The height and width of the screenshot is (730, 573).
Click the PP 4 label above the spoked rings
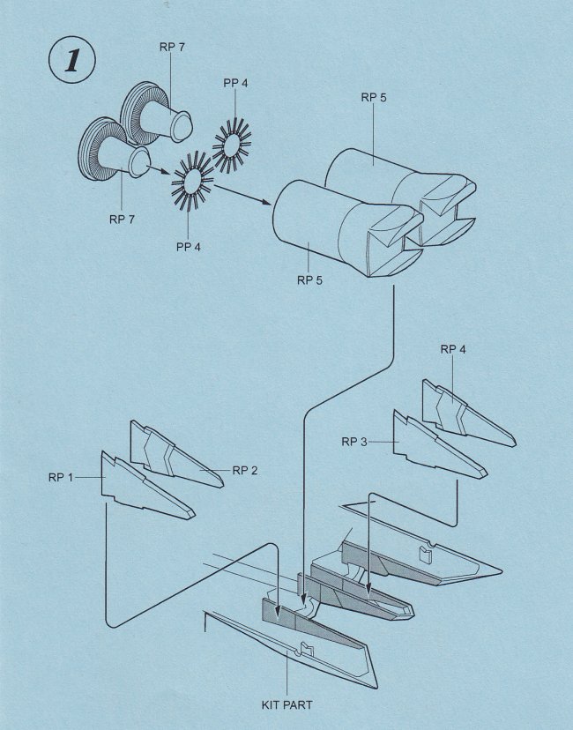pos(235,84)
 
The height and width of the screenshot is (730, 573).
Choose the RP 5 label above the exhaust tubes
pos(373,97)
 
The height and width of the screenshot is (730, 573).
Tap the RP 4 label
pos(452,348)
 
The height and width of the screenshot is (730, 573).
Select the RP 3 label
pos(353,440)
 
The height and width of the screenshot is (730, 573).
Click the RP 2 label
pos(245,470)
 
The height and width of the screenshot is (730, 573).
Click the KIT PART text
pos(287,704)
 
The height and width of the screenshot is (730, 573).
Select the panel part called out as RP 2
pos(176,454)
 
